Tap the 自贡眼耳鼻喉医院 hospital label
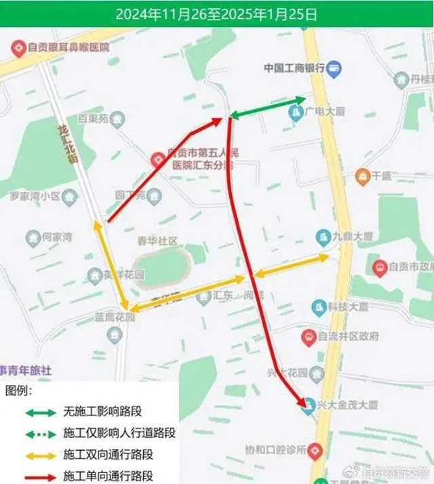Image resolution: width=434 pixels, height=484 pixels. pyautogui.click(x=66, y=47)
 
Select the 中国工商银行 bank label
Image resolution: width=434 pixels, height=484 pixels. pyautogui.click(x=294, y=68)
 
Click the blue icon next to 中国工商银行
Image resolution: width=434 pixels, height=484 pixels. pyautogui.click(x=335, y=68)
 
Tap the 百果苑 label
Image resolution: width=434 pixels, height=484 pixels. pyautogui.click(x=93, y=119)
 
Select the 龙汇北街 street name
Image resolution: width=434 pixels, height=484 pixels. pyautogui.click(x=65, y=143)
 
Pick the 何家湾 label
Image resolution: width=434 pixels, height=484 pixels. pyautogui.click(x=57, y=237)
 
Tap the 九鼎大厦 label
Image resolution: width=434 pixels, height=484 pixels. pyautogui.click(x=354, y=237)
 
